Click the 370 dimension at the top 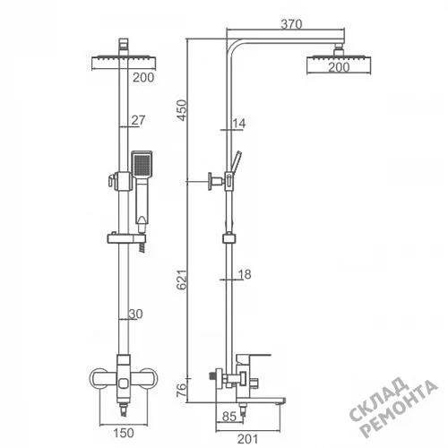point(291,24)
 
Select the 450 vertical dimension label point(182,110)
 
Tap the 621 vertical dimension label point(182,280)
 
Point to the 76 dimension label point(182,390)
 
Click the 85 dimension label point(229,417)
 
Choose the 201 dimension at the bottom point(247,439)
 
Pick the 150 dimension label point(124,433)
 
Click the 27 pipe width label point(138,120)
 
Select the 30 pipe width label point(136,314)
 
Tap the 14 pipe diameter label point(239,123)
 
